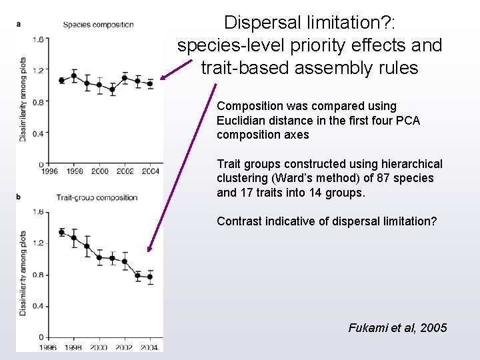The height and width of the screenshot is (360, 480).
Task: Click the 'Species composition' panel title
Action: point(98,25)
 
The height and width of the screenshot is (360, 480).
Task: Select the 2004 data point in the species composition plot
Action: point(150,84)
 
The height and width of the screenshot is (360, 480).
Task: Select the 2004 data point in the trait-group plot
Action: point(150,277)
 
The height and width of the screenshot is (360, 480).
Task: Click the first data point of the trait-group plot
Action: point(62,233)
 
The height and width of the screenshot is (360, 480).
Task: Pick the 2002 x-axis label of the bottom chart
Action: point(125,347)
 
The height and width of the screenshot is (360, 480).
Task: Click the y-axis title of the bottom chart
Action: point(23,273)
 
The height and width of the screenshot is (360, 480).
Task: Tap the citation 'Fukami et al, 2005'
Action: point(397,327)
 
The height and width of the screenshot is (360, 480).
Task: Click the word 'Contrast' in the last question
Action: point(239,221)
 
